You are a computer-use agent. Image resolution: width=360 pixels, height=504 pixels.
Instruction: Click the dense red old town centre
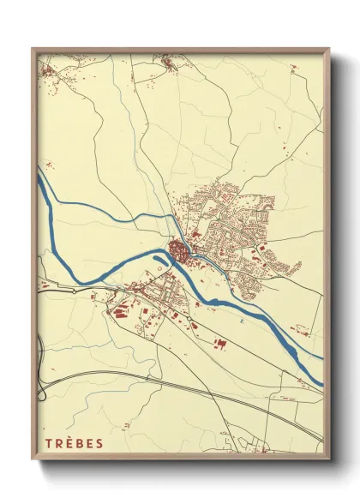(180, 250)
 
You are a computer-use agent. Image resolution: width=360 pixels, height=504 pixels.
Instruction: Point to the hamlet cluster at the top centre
(165, 63)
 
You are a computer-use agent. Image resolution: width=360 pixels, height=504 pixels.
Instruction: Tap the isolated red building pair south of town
(219, 344)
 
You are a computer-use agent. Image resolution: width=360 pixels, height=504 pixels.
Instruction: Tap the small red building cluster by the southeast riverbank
(300, 330)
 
